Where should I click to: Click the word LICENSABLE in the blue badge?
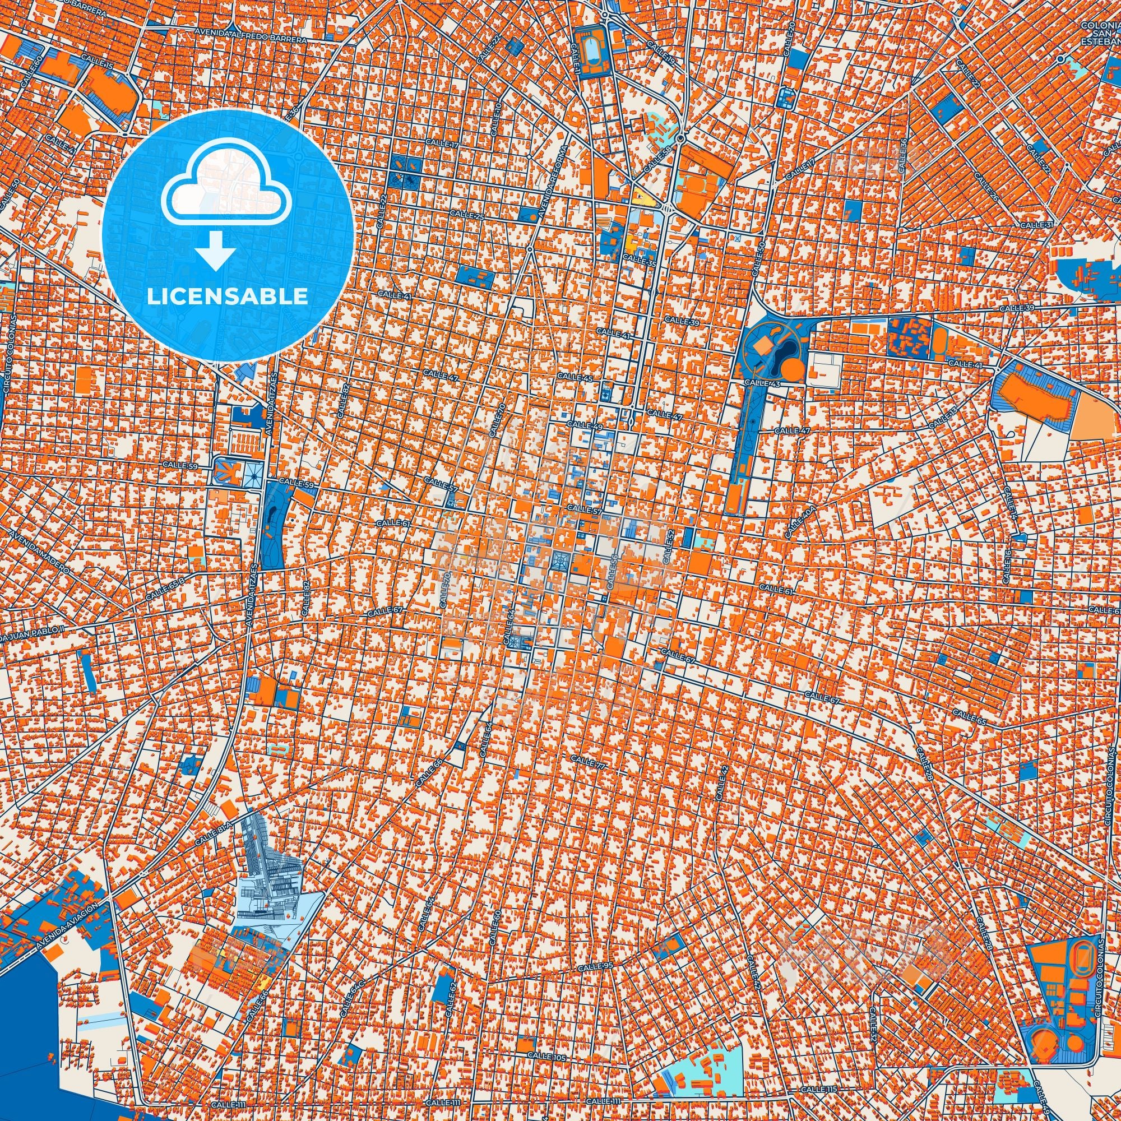coord(228,297)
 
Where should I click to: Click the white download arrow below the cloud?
coord(215,250)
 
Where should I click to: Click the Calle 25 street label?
coord(470,216)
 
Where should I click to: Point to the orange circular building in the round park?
coord(791,367)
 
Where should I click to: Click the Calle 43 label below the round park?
coord(757,382)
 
